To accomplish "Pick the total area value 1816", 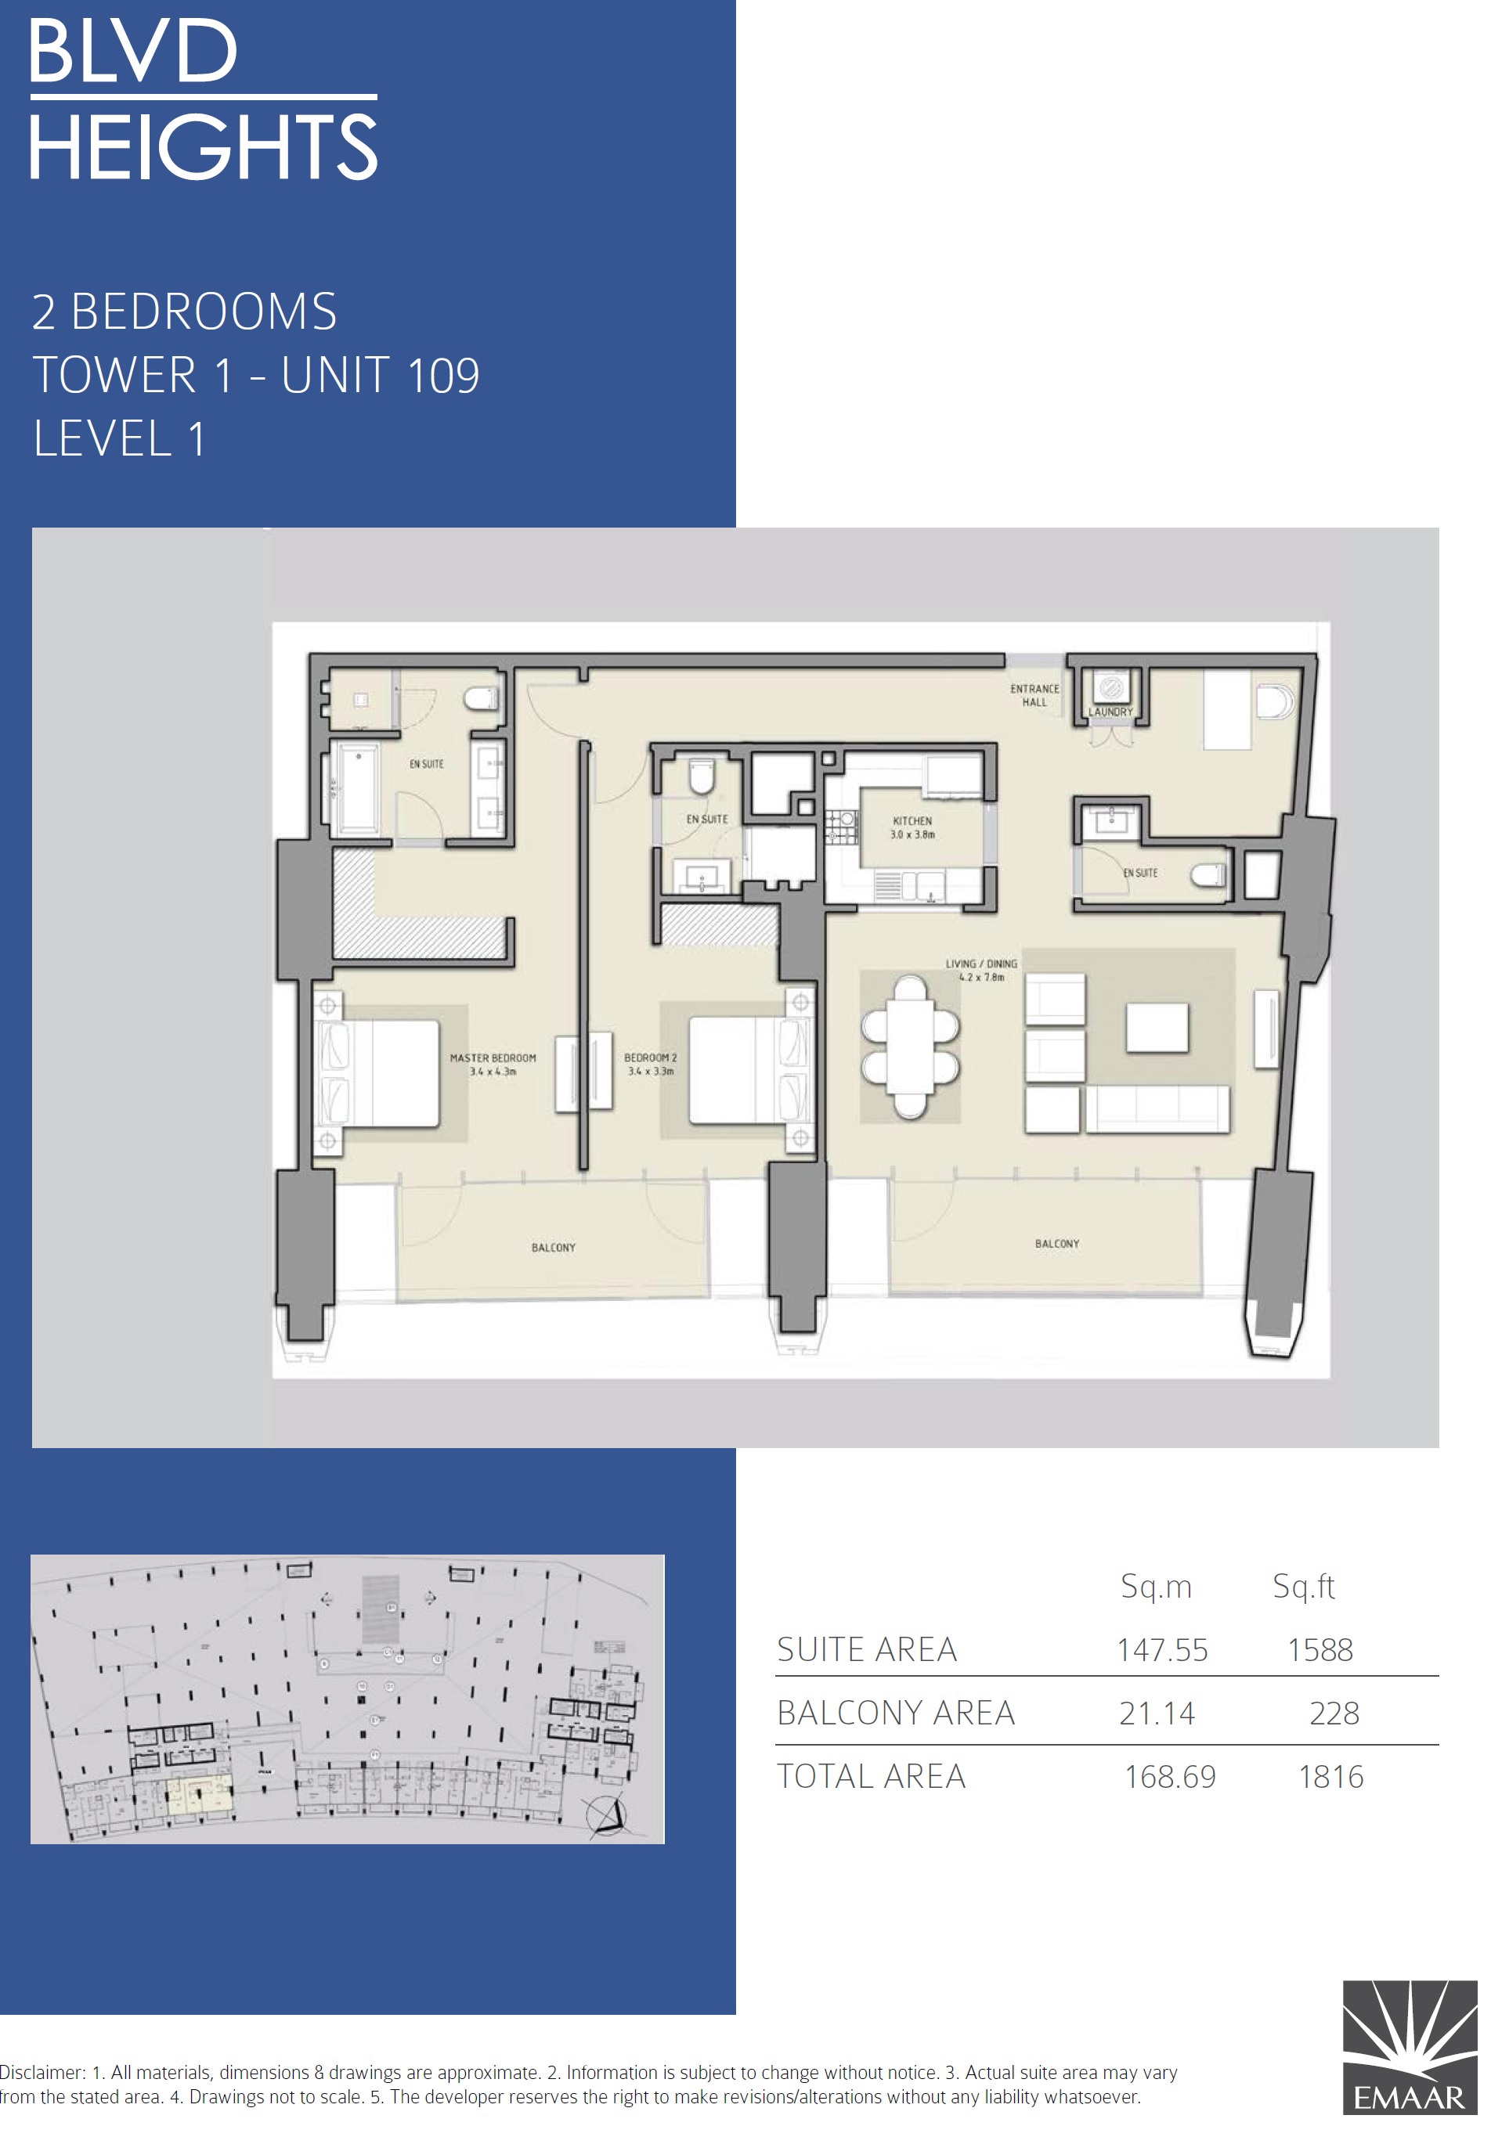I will [1330, 1776].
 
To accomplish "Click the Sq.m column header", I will [1156, 1587].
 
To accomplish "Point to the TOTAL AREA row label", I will [871, 1776].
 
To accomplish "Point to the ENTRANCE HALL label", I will [1034, 695].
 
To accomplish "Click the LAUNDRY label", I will [1110, 712].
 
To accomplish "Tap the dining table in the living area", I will [910, 1046].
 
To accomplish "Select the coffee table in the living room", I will [1157, 1027].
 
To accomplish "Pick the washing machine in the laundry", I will [1110, 688].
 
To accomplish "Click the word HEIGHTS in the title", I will [203, 146].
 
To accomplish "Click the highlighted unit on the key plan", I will [198, 1794].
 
